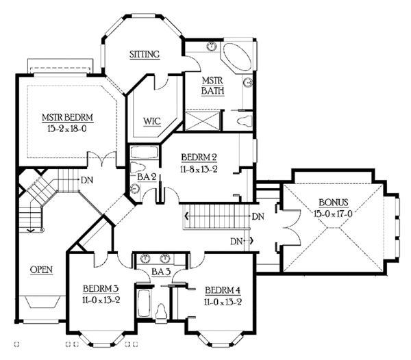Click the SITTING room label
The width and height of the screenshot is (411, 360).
tap(145, 54)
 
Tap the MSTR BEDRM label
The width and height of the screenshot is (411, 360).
tap(68, 117)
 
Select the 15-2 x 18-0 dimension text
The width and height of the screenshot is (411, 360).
tap(67, 129)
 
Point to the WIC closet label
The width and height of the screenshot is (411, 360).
tap(152, 121)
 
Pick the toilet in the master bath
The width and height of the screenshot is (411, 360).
tap(245, 121)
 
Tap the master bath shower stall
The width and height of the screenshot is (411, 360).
tap(203, 120)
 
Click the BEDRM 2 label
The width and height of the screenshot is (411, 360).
tap(199, 157)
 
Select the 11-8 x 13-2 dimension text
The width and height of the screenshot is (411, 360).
tap(199, 169)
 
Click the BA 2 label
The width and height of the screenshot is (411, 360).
tap(147, 177)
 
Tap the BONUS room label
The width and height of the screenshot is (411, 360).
tap(334, 203)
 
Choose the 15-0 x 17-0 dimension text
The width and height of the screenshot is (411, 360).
tap(333, 214)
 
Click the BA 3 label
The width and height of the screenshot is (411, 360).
tap(161, 272)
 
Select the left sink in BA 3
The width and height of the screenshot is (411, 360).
tap(145, 259)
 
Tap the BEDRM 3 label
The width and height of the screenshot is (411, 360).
tap(101, 289)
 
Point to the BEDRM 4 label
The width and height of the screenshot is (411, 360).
tap(223, 290)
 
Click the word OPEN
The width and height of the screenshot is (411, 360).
tap(41, 270)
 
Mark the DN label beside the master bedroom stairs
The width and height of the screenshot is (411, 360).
tap(87, 180)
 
